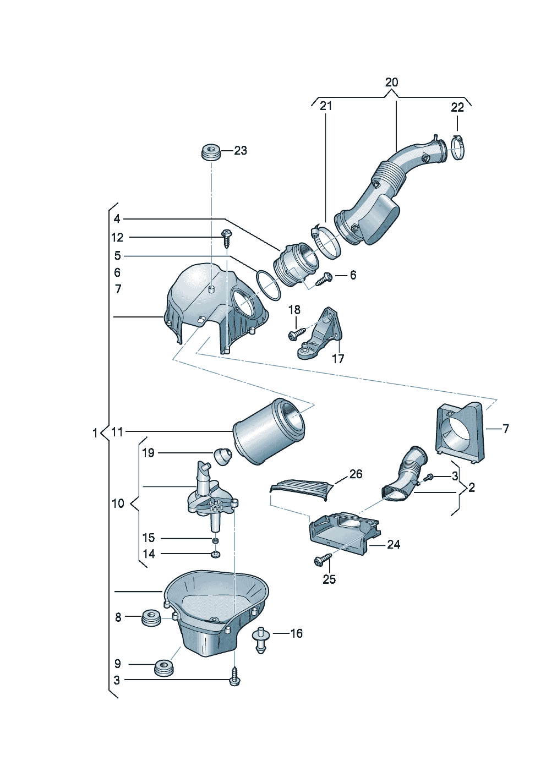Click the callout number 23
point(241,150)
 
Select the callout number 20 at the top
point(391,83)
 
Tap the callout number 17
point(338,359)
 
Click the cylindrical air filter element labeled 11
point(269,431)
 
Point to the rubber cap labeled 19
point(222,456)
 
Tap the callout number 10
point(118,503)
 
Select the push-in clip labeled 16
point(260,639)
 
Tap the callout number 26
point(356,474)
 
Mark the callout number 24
point(394,545)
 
